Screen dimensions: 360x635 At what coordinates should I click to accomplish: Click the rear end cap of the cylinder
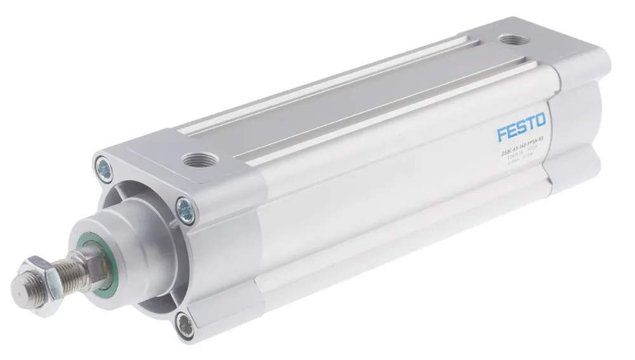point(575,121)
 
